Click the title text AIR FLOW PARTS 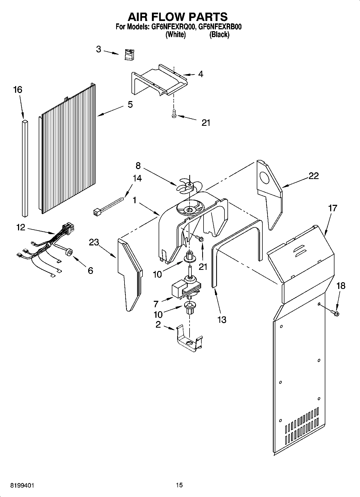(177, 17)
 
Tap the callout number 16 (18, 90)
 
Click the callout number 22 (313, 176)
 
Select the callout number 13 (222, 320)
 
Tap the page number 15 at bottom (179, 485)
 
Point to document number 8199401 (22, 485)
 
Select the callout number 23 (94, 242)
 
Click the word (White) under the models (176, 35)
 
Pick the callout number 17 (333, 208)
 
